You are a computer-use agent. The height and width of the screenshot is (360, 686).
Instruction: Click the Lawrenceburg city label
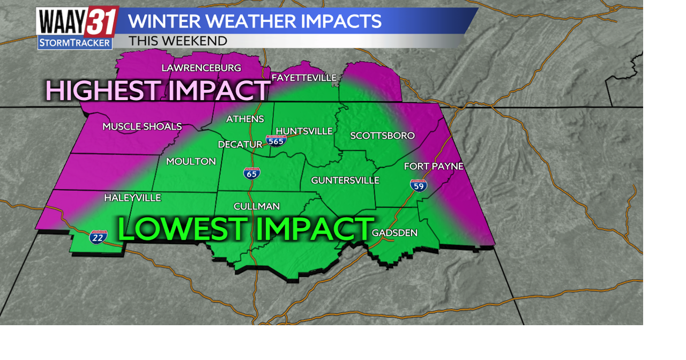click(201, 68)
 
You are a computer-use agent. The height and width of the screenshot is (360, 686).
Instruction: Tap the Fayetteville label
click(304, 78)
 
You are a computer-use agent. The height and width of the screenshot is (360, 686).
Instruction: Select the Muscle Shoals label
click(142, 127)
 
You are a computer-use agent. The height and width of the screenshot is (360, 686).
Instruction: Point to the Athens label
click(245, 119)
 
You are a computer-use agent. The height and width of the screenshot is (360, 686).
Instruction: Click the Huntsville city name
click(304, 131)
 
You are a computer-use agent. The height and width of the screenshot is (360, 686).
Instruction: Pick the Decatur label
click(240, 145)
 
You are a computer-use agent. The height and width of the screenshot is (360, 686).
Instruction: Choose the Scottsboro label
click(382, 136)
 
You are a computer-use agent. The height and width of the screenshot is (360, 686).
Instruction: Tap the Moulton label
click(191, 161)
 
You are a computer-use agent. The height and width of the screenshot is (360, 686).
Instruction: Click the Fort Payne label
click(433, 166)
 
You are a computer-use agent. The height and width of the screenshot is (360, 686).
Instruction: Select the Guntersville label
click(345, 181)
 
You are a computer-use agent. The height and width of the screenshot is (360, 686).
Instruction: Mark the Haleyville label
click(132, 198)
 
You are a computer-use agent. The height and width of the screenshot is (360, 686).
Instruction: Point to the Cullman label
click(256, 206)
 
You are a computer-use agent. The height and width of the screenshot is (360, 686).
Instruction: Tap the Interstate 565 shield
click(276, 141)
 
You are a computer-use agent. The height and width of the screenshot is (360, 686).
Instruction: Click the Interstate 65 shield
click(252, 173)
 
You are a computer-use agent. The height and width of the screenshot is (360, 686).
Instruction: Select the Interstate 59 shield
click(419, 185)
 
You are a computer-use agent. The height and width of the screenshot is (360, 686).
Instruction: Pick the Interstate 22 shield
click(98, 237)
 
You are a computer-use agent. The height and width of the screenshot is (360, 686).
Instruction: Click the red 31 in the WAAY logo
click(101, 22)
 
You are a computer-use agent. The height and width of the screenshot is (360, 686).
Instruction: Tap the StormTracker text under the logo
click(74, 43)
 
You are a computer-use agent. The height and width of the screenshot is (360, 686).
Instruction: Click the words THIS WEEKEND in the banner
click(178, 41)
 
